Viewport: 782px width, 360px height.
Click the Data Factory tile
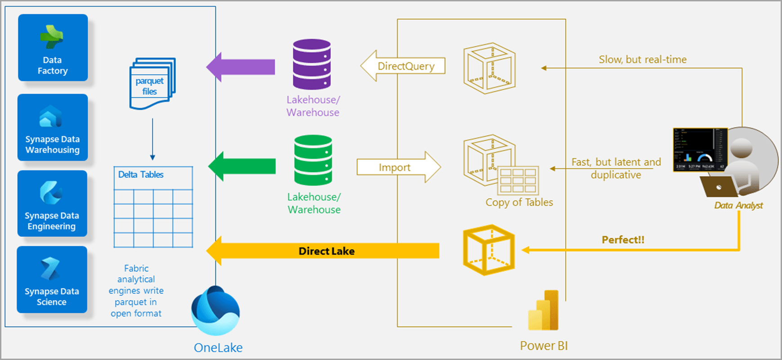point(53,48)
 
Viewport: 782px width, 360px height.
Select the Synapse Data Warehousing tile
point(53,127)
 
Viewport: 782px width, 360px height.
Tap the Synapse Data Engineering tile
point(52,204)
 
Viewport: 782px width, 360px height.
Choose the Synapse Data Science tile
point(52,279)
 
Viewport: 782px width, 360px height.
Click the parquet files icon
point(152,84)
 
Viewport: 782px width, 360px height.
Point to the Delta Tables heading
point(141,174)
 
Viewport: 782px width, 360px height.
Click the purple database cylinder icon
point(312,64)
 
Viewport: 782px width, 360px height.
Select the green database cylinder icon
point(313,160)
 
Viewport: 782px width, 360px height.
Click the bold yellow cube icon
point(489,250)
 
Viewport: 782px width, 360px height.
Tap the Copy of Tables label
point(519,202)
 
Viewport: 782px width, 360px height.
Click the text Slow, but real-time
point(642,59)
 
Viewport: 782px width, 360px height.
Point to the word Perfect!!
point(623,240)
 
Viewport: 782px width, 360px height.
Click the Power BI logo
point(543,311)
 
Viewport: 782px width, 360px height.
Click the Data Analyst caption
point(738,205)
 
